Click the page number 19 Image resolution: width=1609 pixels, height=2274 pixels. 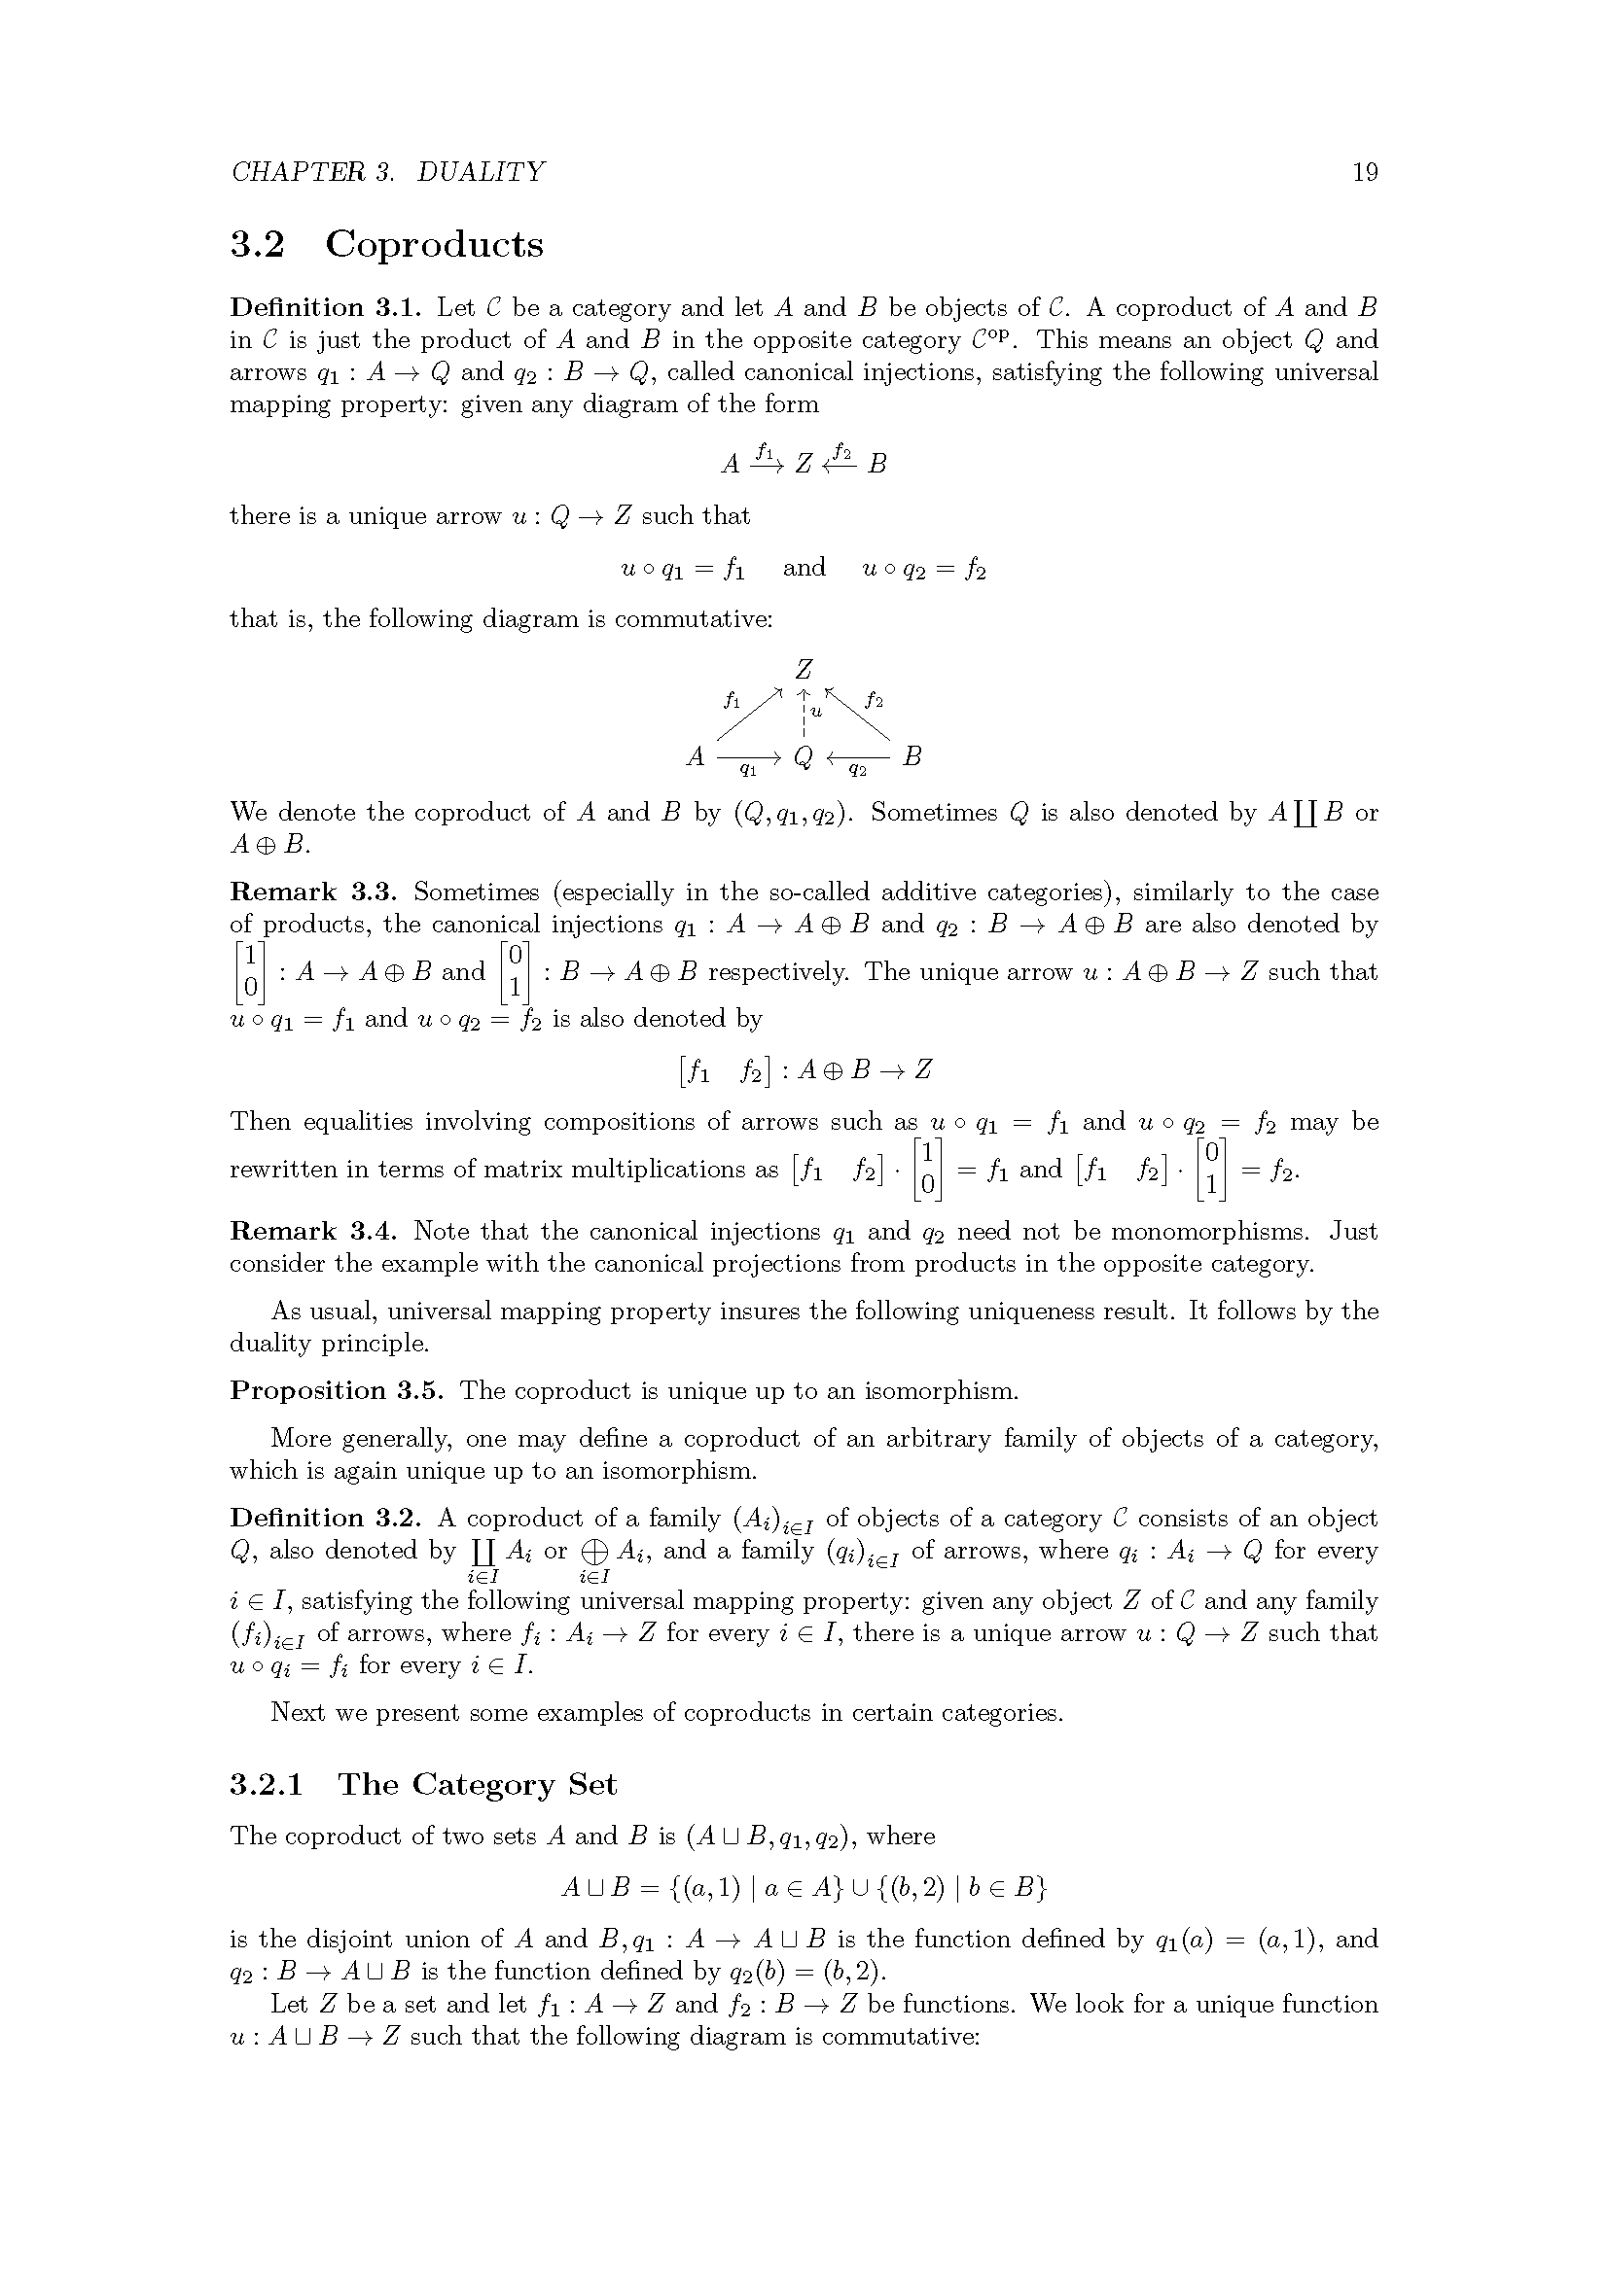tap(1364, 172)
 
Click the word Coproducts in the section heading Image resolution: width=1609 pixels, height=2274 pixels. tap(434, 244)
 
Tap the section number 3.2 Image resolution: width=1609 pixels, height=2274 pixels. tap(258, 244)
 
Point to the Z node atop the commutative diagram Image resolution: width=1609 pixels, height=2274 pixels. tap(804, 671)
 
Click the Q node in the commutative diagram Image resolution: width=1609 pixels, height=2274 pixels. tap(804, 757)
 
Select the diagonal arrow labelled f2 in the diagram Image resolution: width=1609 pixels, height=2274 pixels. tap(856, 713)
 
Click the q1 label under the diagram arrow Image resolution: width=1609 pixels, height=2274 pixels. tap(749, 770)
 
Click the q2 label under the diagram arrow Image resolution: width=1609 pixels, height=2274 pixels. tap(858, 770)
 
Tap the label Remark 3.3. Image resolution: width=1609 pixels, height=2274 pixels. tap(314, 892)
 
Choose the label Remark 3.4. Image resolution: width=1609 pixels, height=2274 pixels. tap(314, 1231)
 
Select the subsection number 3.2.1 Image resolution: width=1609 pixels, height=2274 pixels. tap(267, 1785)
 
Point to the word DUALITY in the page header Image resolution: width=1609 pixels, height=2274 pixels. tap(481, 172)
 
